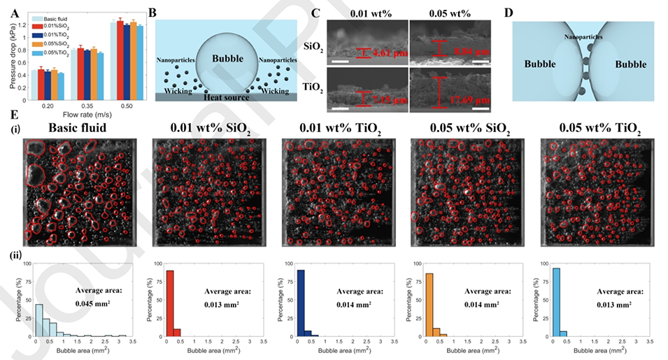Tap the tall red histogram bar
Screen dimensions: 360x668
[x=170, y=303]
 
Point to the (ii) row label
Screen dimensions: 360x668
[x=14, y=254]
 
